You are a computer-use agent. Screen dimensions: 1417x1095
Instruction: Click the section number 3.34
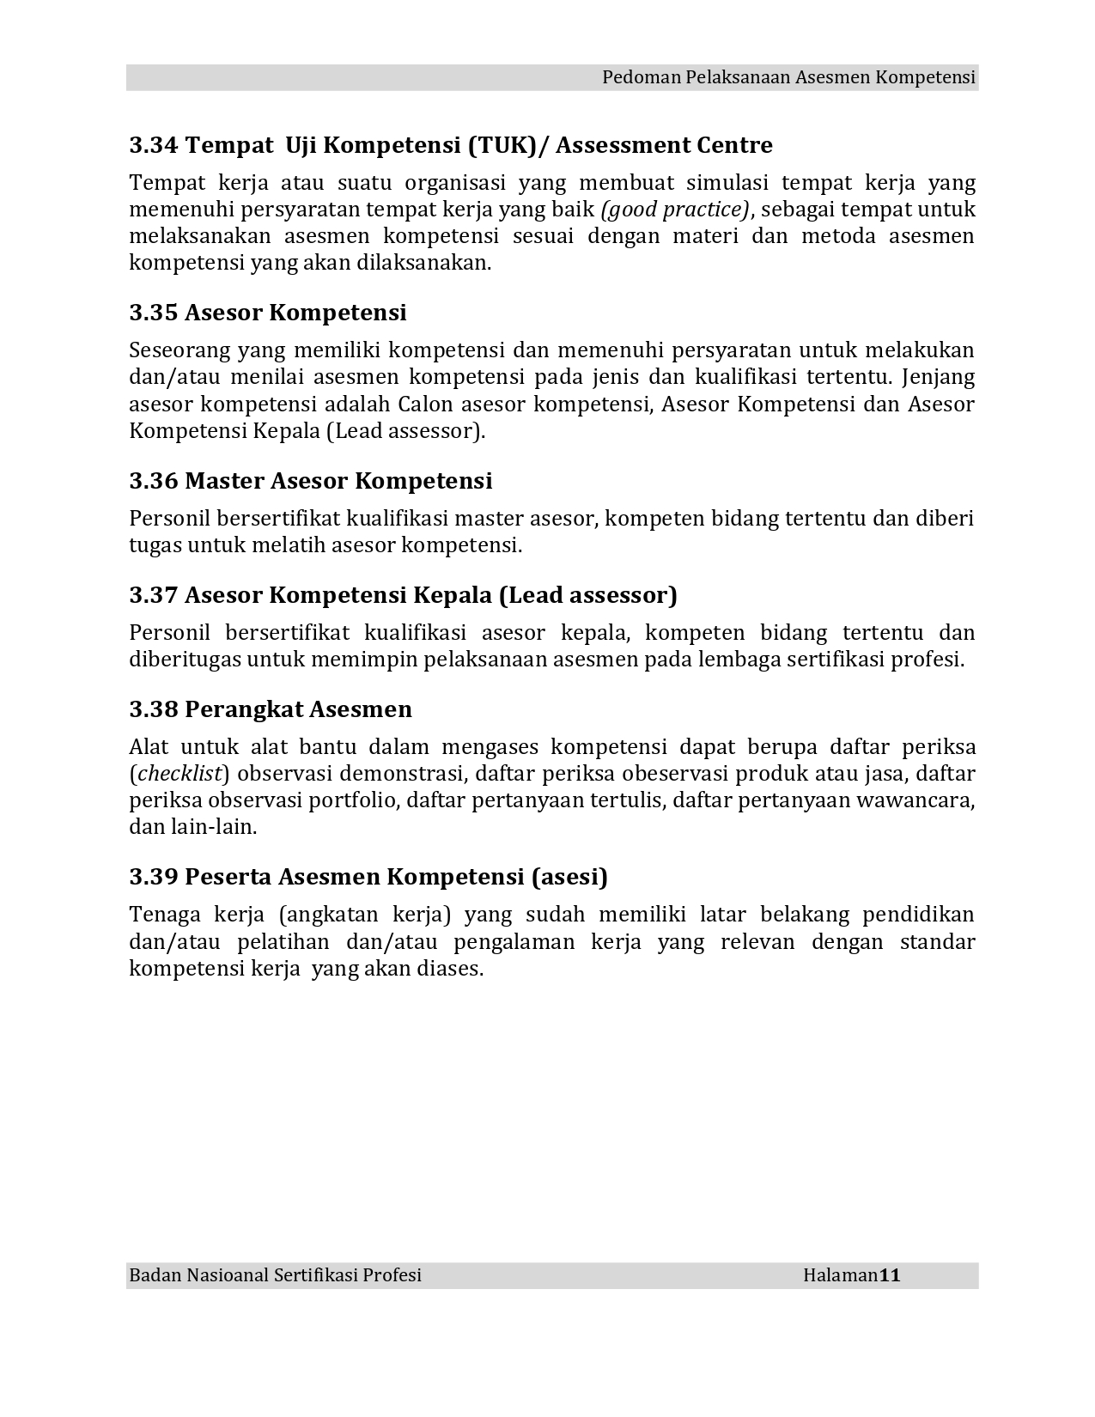(154, 145)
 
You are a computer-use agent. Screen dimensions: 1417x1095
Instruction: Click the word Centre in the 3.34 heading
(739, 145)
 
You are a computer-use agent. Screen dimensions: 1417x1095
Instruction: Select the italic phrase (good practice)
(675, 210)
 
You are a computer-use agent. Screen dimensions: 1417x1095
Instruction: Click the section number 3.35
(154, 313)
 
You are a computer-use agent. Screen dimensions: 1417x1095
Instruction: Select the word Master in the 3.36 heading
(225, 481)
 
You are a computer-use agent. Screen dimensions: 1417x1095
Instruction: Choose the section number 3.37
(154, 595)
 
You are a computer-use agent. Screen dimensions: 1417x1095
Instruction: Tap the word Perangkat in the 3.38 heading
(243, 709)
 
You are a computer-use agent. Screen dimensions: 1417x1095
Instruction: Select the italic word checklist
(180, 774)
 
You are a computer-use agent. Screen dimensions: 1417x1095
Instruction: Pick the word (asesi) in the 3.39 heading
(569, 877)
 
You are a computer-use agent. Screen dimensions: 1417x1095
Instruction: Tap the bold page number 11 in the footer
(890, 1275)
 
